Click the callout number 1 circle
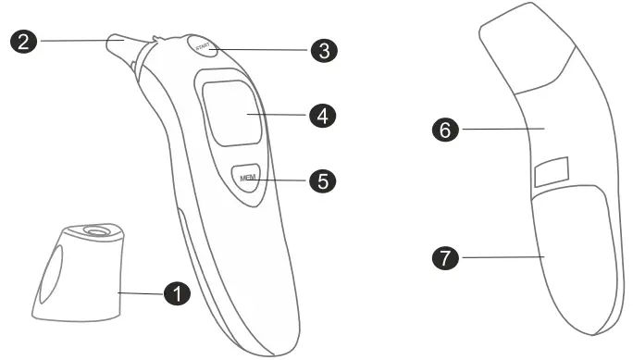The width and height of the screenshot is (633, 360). [175, 293]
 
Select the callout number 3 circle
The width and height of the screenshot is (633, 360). [322, 50]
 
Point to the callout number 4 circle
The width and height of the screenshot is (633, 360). [322, 116]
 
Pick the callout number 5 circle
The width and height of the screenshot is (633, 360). [322, 180]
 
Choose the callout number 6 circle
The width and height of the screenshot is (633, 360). [446, 130]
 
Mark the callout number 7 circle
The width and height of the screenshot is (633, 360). [446, 259]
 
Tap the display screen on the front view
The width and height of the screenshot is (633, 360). [230, 113]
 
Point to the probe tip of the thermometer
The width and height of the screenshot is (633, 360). [120, 43]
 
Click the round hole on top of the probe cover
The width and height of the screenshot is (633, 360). [93, 230]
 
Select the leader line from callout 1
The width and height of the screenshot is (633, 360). [142, 292]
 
